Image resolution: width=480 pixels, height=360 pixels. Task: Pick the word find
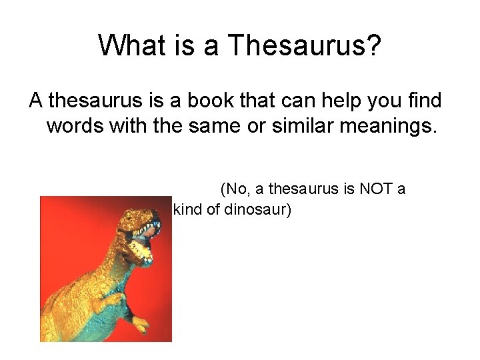(426, 101)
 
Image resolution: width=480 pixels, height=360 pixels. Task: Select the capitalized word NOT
(376, 189)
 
